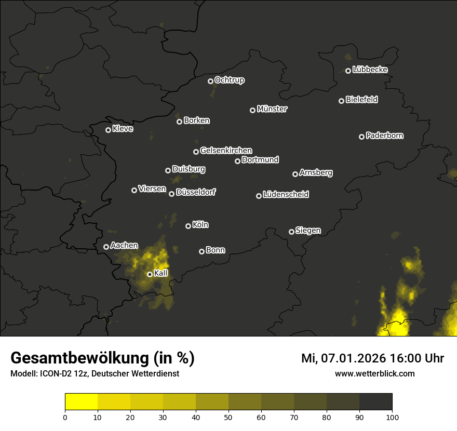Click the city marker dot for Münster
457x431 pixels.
pyautogui.click(x=253, y=110)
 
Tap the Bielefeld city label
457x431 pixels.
pyautogui.click(x=361, y=100)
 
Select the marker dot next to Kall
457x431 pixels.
pyautogui.click(x=150, y=274)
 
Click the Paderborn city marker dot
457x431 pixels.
pyautogui.click(x=362, y=137)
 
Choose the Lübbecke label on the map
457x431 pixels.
pyautogui.click(x=370, y=70)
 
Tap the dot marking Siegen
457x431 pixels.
pyautogui.click(x=291, y=232)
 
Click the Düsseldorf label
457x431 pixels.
pyautogui.click(x=196, y=192)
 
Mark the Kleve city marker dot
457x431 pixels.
pyautogui.click(x=109, y=130)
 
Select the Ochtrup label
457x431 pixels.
pyautogui.click(x=230, y=80)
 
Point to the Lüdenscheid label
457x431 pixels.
pyautogui.click(x=286, y=195)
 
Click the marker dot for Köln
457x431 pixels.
pyautogui.click(x=188, y=226)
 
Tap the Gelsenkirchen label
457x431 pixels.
pyautogui.click(x=226, y=151)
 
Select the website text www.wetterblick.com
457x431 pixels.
pyautogui.click(x=375, y=373)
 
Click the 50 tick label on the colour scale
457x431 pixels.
pyautogui.click(x=228, y=417)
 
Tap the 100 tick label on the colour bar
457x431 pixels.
pyautogui.click(x=392, y=417)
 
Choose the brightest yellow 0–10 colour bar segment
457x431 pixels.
pyautogui.click(x=82, y=402)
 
